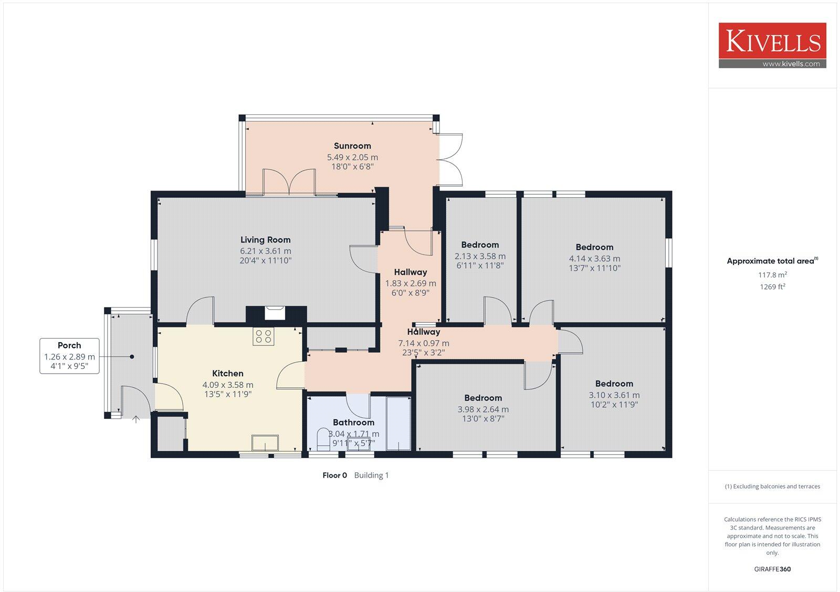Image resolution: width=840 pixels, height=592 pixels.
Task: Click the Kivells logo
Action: [772, 42]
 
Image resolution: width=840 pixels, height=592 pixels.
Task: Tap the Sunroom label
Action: [352, 146]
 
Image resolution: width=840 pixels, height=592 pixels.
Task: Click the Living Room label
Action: [266, 240]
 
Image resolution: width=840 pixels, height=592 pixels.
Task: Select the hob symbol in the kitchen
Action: [264, 336]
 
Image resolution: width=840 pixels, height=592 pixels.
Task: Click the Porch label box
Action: [69, 356]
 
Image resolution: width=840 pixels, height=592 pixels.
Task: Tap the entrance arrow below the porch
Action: [136, 419]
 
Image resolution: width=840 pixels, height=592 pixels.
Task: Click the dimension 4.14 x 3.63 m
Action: [594, 259]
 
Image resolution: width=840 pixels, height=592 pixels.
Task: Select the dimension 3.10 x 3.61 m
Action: [614, 395]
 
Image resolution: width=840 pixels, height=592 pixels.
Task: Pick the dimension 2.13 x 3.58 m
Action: [480, 257]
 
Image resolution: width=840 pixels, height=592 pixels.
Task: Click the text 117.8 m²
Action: [772, 274]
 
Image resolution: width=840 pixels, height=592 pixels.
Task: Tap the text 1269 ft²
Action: [772, 287]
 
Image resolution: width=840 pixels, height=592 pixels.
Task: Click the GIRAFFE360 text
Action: [772, 569]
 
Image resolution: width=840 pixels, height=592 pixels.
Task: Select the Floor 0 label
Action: [334, 475]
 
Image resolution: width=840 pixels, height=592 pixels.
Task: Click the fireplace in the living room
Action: [275, 313]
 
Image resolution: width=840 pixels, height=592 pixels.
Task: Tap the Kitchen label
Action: [227, 374]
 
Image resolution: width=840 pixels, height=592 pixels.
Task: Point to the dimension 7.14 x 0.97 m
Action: [423, 343]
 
